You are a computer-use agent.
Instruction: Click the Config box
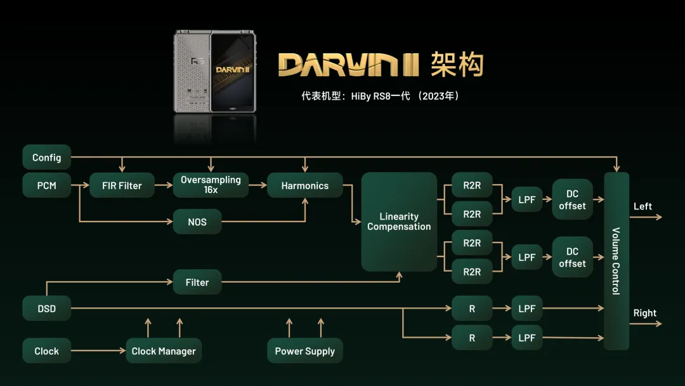(47, 157)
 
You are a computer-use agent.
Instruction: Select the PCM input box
(47, 185)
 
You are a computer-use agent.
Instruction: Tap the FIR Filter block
(122, 185)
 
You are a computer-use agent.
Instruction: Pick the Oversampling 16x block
(211, 185)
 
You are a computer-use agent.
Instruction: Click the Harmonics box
(305, 185)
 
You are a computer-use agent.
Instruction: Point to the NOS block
(197, 222)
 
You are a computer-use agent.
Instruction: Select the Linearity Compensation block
(399, 222)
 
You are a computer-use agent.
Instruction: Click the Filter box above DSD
(197, 282)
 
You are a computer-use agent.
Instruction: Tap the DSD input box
(47, 309)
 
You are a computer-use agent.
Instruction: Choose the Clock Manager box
(164, 350)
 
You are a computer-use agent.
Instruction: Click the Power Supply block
(305, 350)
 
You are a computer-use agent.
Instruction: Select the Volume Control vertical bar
(616, 261)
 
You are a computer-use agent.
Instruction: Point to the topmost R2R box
(472, 185)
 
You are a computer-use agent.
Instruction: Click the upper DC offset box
(572, 199)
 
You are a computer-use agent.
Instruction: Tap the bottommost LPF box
(527, 338)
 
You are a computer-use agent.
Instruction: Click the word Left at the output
(643, 206)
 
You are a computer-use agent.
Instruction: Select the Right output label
(645, 313)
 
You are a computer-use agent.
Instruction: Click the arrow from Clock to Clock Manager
(98, 350)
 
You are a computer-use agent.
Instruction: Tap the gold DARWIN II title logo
(349, 65)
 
